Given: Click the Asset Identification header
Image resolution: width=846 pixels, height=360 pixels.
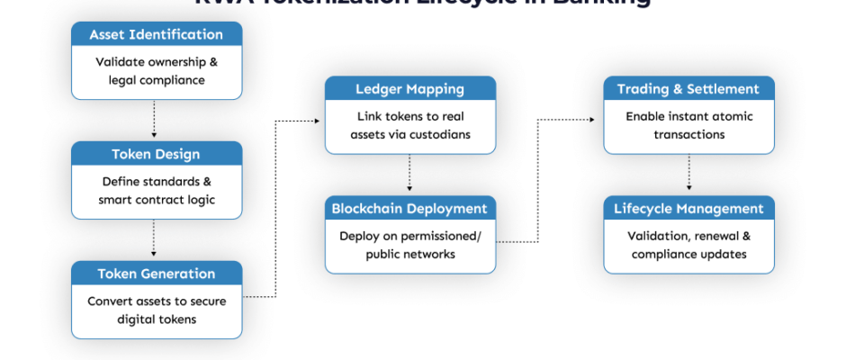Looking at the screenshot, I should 157,35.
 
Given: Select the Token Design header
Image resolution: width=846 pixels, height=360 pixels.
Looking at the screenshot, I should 157,154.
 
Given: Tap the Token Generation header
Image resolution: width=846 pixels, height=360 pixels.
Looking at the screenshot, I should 157,274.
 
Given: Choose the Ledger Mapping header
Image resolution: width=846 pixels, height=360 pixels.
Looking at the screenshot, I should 410,89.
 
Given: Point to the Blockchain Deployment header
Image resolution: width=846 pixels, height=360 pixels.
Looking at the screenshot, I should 410,208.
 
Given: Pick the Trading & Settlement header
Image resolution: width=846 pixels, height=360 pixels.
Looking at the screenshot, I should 688,89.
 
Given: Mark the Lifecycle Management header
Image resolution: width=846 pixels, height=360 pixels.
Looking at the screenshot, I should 688,208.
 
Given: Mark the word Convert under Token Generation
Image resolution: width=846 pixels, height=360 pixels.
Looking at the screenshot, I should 110,301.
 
